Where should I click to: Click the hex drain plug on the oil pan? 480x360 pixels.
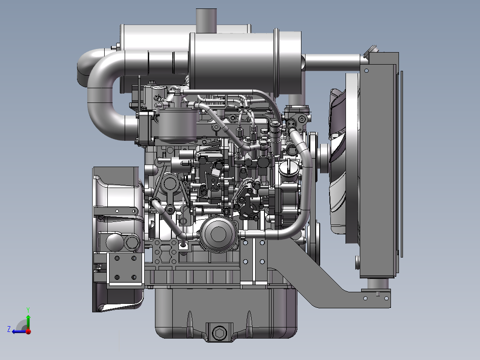click(x=220, y=333)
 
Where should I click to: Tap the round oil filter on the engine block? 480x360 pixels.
click(x=218, y=234)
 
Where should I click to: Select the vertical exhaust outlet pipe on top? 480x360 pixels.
click(x=206, y=20)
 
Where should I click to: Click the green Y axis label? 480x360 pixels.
click(x=28, y=310)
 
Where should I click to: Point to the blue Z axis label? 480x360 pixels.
click(x=9, y=329)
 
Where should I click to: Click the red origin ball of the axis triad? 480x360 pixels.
click(x=28, y=331)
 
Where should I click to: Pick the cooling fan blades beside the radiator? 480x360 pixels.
click(x=338, y=160)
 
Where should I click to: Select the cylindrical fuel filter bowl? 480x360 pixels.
click(x=178, y=126)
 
